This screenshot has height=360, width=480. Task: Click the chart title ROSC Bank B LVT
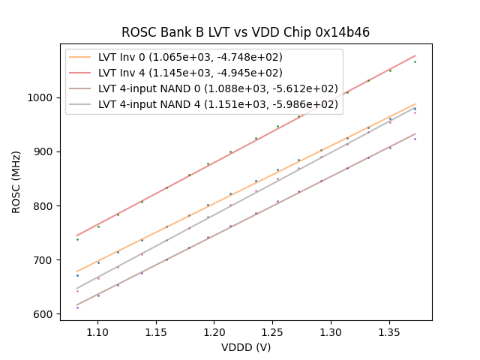pyautogui.click(x=245, y=32)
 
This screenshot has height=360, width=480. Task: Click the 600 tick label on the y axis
pyautogui.click(x=44, y=314)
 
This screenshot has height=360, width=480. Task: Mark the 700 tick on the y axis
pyautogui.click(x=44, y=260)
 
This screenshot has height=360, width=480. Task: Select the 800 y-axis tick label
pyautogui.click(x=44, y=206)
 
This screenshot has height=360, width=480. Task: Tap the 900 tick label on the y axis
pyautogui.click(x=44, y=151)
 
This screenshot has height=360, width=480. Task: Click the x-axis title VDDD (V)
pyautogui.click(x=245, y=347)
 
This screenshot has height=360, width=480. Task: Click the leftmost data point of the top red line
pyautogui.click(x=77, y=239)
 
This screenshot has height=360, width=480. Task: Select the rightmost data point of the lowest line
pyautogui.click(x=415, y=139)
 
